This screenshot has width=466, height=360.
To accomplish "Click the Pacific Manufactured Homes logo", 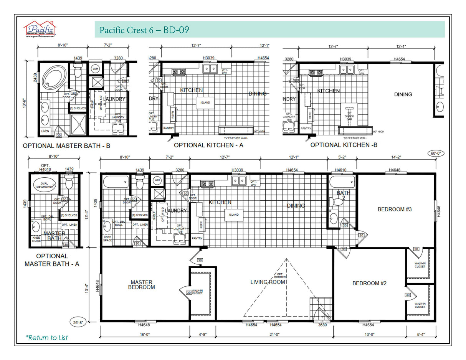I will [40, 29].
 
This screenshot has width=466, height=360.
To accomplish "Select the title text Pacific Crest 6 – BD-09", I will [144, 30].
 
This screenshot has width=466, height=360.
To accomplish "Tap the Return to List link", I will [46, 337].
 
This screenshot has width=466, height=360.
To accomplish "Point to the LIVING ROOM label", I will [268, 282].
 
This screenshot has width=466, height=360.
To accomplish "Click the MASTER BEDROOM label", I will [142, 284].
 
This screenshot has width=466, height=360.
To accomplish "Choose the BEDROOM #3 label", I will [395, 209].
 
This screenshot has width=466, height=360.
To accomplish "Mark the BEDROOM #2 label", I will [369, 283].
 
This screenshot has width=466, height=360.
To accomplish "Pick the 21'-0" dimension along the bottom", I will [274, 334].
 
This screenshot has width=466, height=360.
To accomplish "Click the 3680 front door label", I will [323, 325].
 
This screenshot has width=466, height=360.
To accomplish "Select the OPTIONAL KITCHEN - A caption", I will [208, 145].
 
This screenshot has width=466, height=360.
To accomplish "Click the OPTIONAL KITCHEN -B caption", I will [344, 145].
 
